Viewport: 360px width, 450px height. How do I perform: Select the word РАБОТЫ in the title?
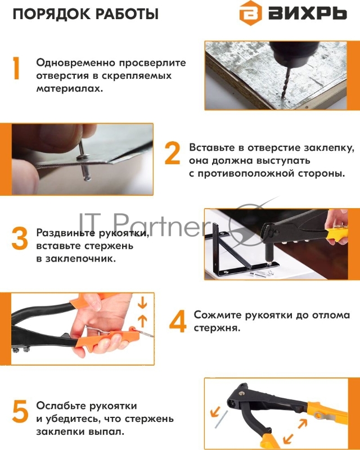127,14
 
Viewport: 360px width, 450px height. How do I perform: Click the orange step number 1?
16,68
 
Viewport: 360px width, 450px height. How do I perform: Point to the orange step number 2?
172,153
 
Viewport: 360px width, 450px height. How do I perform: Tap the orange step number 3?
19,238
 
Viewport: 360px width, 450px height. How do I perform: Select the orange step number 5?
20,412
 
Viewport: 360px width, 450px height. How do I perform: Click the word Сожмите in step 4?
217,315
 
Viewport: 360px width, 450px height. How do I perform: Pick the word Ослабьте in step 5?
61,406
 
